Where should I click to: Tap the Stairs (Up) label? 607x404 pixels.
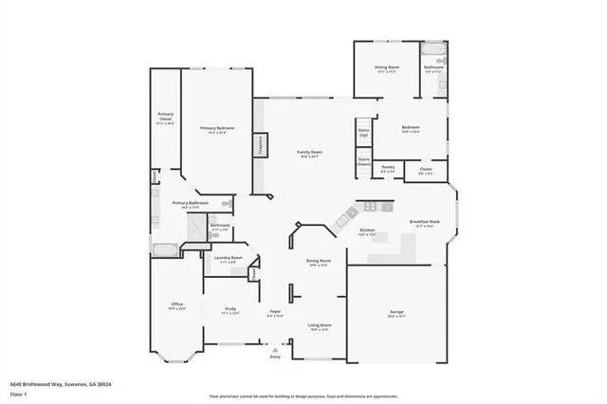[363, 134]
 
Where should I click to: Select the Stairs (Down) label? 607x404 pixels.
[363, 161]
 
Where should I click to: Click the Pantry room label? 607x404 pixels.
[388, 168]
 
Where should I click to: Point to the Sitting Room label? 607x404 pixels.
[387, 69]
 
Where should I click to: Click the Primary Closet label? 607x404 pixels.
[164, 119]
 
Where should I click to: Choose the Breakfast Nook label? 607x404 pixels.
[422, 224]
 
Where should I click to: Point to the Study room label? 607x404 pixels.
[230, 310]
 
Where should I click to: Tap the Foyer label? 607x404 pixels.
[275, 312]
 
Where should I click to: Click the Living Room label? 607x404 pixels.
[319, 326]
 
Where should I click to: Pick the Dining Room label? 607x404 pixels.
[319, 262]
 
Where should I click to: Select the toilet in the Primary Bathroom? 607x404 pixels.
[226, 204]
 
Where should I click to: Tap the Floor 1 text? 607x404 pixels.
[19, 393]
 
